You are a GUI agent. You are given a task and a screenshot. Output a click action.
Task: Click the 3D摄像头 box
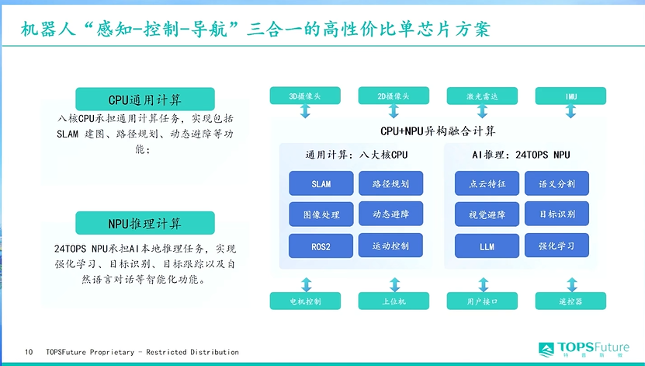[305, 96]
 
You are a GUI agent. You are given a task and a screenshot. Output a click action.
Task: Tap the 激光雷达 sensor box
[482, 96]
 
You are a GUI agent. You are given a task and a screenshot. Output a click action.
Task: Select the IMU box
[570, 96]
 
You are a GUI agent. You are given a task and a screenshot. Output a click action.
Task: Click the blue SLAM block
[321, 183]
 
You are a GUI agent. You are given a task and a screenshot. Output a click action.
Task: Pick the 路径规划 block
[390, 183]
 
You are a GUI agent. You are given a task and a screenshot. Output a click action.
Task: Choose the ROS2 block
[321, 246]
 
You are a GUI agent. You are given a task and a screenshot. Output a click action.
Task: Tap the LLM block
[487, 246]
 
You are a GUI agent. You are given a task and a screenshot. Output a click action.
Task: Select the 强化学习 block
[557, 246]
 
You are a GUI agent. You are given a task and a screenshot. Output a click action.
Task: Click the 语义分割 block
[557, 183]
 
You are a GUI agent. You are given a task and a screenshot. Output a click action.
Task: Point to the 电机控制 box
[305, 301]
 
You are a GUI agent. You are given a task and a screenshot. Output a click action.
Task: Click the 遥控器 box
[570, 301]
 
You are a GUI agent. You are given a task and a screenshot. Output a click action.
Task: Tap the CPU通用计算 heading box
[145, 99]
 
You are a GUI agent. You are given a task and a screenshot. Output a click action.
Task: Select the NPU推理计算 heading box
[145, 223]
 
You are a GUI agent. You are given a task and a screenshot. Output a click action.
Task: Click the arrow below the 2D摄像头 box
[394, 111]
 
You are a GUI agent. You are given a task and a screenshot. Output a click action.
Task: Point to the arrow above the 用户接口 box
[484, 285]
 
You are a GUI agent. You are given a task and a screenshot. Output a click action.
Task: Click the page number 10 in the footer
[29, 352]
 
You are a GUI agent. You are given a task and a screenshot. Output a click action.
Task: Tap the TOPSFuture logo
[584, 349]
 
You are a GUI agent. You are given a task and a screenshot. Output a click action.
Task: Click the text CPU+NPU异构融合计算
[438, 131]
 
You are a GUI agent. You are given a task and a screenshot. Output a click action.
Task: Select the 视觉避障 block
[487, 214]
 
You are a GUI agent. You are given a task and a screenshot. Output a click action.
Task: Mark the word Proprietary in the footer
[112, 353]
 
